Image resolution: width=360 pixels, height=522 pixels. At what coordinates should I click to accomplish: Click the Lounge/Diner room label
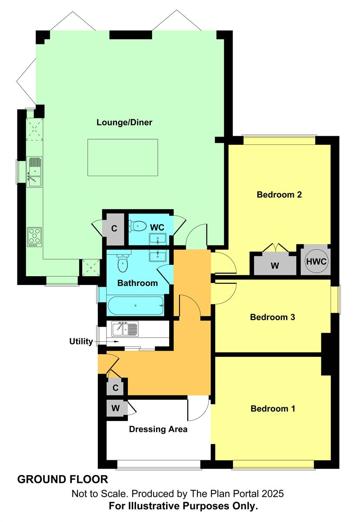pyautogui.click(x=124, y=122)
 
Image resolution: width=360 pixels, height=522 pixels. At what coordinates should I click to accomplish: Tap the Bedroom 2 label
pyautogui.click(x=279, y=194)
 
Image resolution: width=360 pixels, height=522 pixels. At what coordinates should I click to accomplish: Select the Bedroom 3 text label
pyautogui.click(x=273, y=317)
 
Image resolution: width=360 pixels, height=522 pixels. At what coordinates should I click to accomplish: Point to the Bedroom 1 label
pyautogui.click(x=273, y=408)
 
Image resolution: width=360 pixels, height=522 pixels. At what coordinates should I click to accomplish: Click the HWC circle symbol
pyautogui.click(x=316, y=262)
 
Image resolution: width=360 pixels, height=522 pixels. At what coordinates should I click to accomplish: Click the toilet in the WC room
pyautogui.click(x=138, y=226)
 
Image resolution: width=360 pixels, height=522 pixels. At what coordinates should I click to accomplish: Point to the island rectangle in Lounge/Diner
pyautogui.click(x=123, y=157)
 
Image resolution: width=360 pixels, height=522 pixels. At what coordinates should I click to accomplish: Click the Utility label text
pyautogui.click(x=81, y=341)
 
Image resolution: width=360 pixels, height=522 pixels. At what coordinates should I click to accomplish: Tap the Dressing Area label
pyautogui.click(x=158, y=429)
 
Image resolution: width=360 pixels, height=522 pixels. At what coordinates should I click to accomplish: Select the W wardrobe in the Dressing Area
pyautogui.click(x=115, y=408)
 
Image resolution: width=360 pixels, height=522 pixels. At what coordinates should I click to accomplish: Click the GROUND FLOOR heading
pyautogui.click(x=63, y=479)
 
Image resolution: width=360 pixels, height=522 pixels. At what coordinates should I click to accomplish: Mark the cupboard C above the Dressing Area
pyautogui.click(x=116, y=387)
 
